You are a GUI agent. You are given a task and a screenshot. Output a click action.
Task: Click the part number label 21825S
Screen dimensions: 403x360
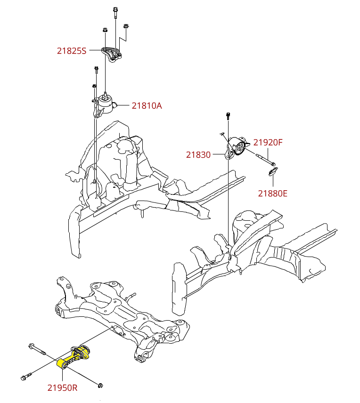click(x=72, y=51)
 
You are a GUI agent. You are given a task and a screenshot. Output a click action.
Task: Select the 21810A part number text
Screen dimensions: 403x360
click(x=147, y=106)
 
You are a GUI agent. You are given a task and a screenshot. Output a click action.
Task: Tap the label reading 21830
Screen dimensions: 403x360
click(x=198, y=154)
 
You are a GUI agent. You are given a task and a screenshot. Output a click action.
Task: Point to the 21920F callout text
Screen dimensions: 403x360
click(x=268, y=142)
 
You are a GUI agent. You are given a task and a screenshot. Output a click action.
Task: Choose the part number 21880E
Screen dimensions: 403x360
click(x=272, y=193)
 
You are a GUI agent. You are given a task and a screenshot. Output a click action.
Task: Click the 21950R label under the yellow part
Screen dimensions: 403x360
click(x=62, y=388)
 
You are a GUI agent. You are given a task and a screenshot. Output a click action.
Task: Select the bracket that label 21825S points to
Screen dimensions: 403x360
click(x=112, y=54)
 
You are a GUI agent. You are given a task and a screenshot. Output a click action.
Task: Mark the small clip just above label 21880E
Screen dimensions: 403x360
click(x=272, y=173)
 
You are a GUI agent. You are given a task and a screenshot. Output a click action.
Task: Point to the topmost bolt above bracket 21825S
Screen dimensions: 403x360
click(x=115, y=11)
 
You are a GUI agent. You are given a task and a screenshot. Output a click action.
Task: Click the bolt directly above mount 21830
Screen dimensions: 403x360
click(x=228, y=115)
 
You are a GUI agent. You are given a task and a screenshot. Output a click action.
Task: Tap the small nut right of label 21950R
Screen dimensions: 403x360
click(x=100, y=386)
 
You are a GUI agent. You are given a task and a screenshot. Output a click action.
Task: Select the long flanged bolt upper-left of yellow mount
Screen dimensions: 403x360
click(x=37, y=349)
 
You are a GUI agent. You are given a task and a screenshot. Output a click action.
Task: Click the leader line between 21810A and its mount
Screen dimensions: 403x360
click(x=123, y=105)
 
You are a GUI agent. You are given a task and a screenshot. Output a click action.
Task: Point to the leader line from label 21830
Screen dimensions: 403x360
click(x=217, y=154)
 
